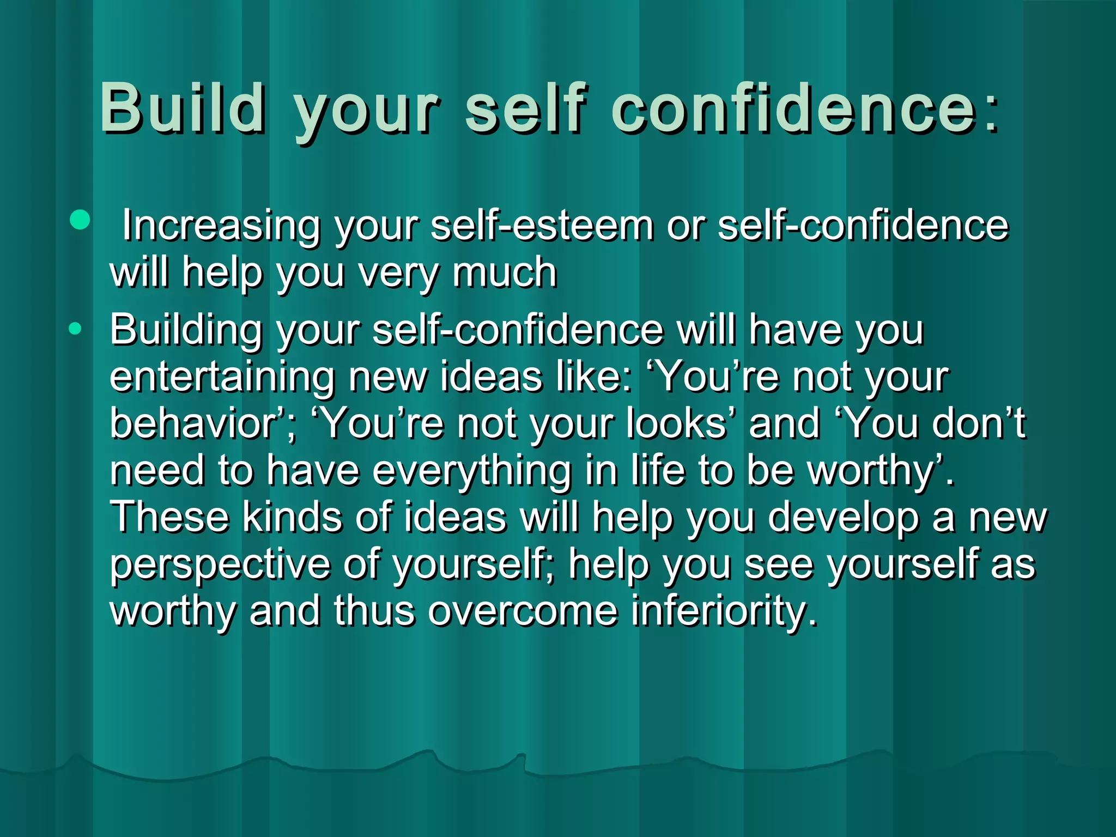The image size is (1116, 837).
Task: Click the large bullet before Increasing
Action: [80, 220]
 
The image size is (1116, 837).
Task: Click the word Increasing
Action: [221, 226]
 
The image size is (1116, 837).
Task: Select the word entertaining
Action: [222, 377]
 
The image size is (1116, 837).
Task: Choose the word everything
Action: [472, 471]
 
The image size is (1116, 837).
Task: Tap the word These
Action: [169, 517]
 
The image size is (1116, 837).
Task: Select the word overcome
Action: [523, 611]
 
